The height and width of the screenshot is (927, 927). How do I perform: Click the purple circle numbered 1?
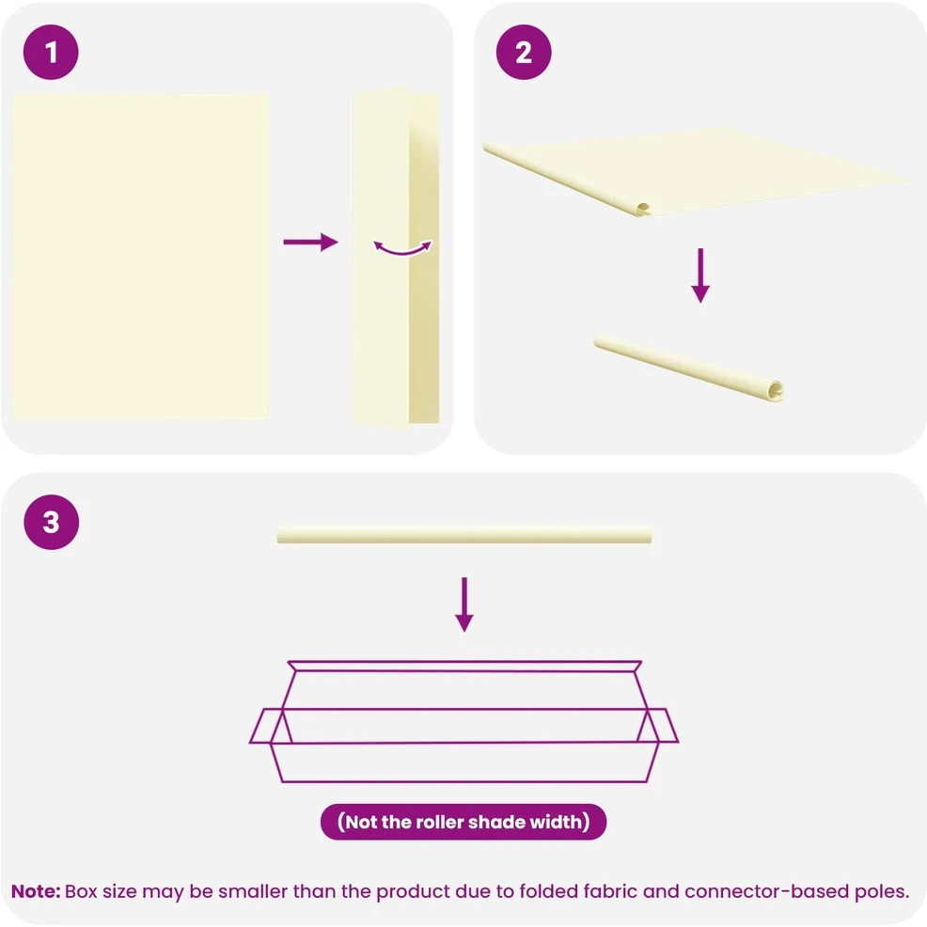(x=51, y=52)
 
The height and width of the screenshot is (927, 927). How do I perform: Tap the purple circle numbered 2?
(x=524, y=52)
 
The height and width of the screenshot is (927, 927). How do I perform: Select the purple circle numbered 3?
(x=52, y=522)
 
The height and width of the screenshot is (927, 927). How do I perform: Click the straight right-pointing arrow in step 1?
(x=310, y=242)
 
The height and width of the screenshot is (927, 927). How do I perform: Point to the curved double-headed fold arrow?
(x=403, y=252)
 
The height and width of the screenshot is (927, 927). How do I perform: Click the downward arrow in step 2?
(x=700, y=275)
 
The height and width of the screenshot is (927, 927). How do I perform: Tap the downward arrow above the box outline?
(x=464, y=605)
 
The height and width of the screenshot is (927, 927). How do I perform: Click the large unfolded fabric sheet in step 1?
(x=140, y=257)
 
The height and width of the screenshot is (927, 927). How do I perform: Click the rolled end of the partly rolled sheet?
(x=643, y=209)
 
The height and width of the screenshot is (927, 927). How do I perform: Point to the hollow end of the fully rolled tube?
(x=775, y=390)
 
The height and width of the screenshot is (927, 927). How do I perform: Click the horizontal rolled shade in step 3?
(x=464, y=534)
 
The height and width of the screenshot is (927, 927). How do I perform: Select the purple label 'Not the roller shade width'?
(x=463, y=822)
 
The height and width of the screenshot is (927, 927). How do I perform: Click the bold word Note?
(x=36, y=891)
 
